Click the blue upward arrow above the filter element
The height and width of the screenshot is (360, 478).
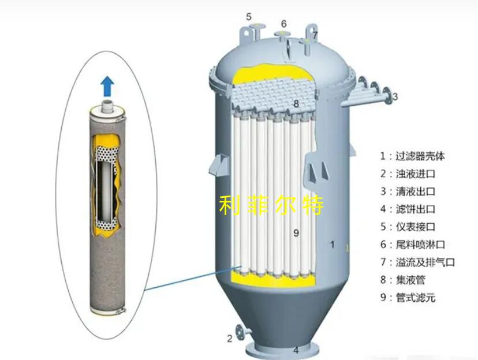click(x=107, y=86)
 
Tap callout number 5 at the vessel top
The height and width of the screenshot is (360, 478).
click(x=249, y=17)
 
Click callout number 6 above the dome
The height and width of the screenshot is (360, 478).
click(x=284, y=24)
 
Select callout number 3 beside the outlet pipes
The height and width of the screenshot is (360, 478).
click(x=395, y=96)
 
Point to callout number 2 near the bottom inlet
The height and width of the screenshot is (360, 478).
click(x=230, y=339)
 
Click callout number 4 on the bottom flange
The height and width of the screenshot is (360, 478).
click(x=296, y=350)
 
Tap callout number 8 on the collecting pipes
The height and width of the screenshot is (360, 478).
click(x=296, y=103)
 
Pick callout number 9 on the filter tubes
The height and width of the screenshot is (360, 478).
click(x=296, y=233)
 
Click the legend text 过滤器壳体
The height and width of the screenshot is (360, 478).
click(x=420, y=156)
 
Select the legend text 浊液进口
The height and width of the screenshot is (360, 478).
click(x=415, y=174)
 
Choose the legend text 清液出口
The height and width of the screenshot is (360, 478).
click(x=415, y=192)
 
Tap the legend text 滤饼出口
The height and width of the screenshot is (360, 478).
click(x=415, y=209)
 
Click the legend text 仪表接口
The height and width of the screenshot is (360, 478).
click(x=415, y=227)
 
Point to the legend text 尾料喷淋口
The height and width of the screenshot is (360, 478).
click(x=420, y=244)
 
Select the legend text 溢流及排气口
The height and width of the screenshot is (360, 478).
click(x=425, y=262)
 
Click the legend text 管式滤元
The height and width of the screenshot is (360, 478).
click(x=415, y=297)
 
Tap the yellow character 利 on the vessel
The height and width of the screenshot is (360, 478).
click(x=229, y=205)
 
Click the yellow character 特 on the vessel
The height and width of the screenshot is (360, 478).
click(x=313, y=205)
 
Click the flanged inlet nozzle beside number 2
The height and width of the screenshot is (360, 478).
click(x=243, y=331)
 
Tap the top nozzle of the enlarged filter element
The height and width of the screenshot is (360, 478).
click(x=107, y=106)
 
